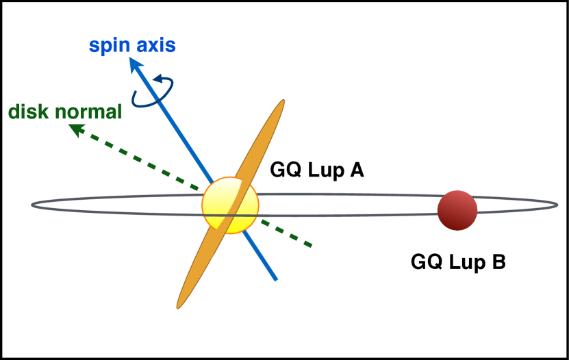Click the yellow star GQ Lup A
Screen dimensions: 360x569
point(229,205)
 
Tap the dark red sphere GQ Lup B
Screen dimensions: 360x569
point(457,210)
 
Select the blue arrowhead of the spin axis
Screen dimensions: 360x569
point(134,64)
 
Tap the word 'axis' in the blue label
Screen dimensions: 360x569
point(155,46)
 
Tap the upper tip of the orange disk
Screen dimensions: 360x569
point(281,102)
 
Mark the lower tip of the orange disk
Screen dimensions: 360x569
point(179,306)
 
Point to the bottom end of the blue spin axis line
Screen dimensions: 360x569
point(275,279)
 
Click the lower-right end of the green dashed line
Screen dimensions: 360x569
point(312,244)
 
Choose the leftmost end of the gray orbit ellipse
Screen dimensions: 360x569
point(31,205)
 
